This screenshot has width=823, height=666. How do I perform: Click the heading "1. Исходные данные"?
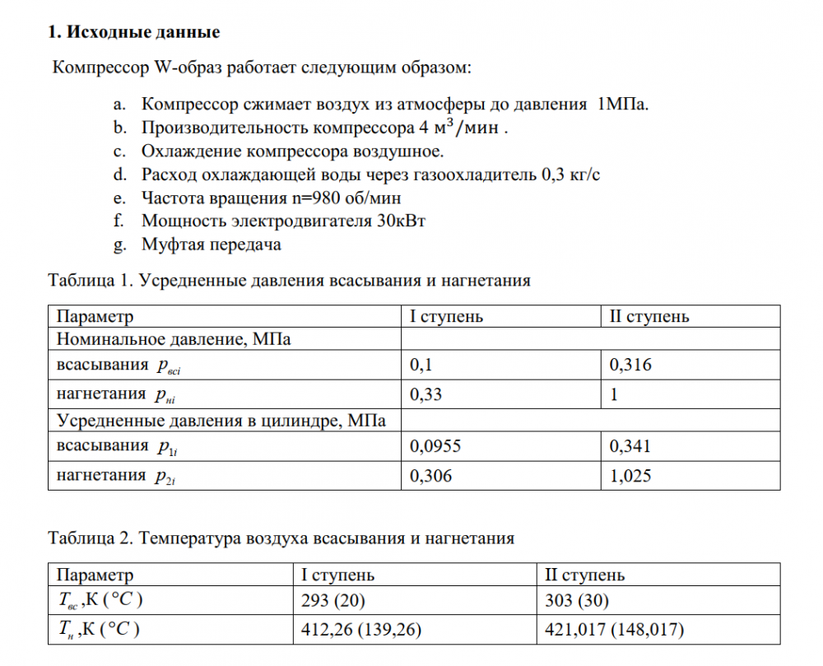tap(133, 33)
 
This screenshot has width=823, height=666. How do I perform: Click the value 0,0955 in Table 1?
tap(435, 447)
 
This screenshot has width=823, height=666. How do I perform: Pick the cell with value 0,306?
tap(430, 476)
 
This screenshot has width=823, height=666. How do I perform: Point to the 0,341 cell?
tap(630, 447)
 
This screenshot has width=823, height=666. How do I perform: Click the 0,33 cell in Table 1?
tap(425, 394)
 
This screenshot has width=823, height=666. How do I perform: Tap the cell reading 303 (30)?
tap(577, 600)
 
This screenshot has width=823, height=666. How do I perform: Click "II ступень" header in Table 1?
tap(649, 316)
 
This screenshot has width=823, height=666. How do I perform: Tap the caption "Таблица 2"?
tap(90, 538)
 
